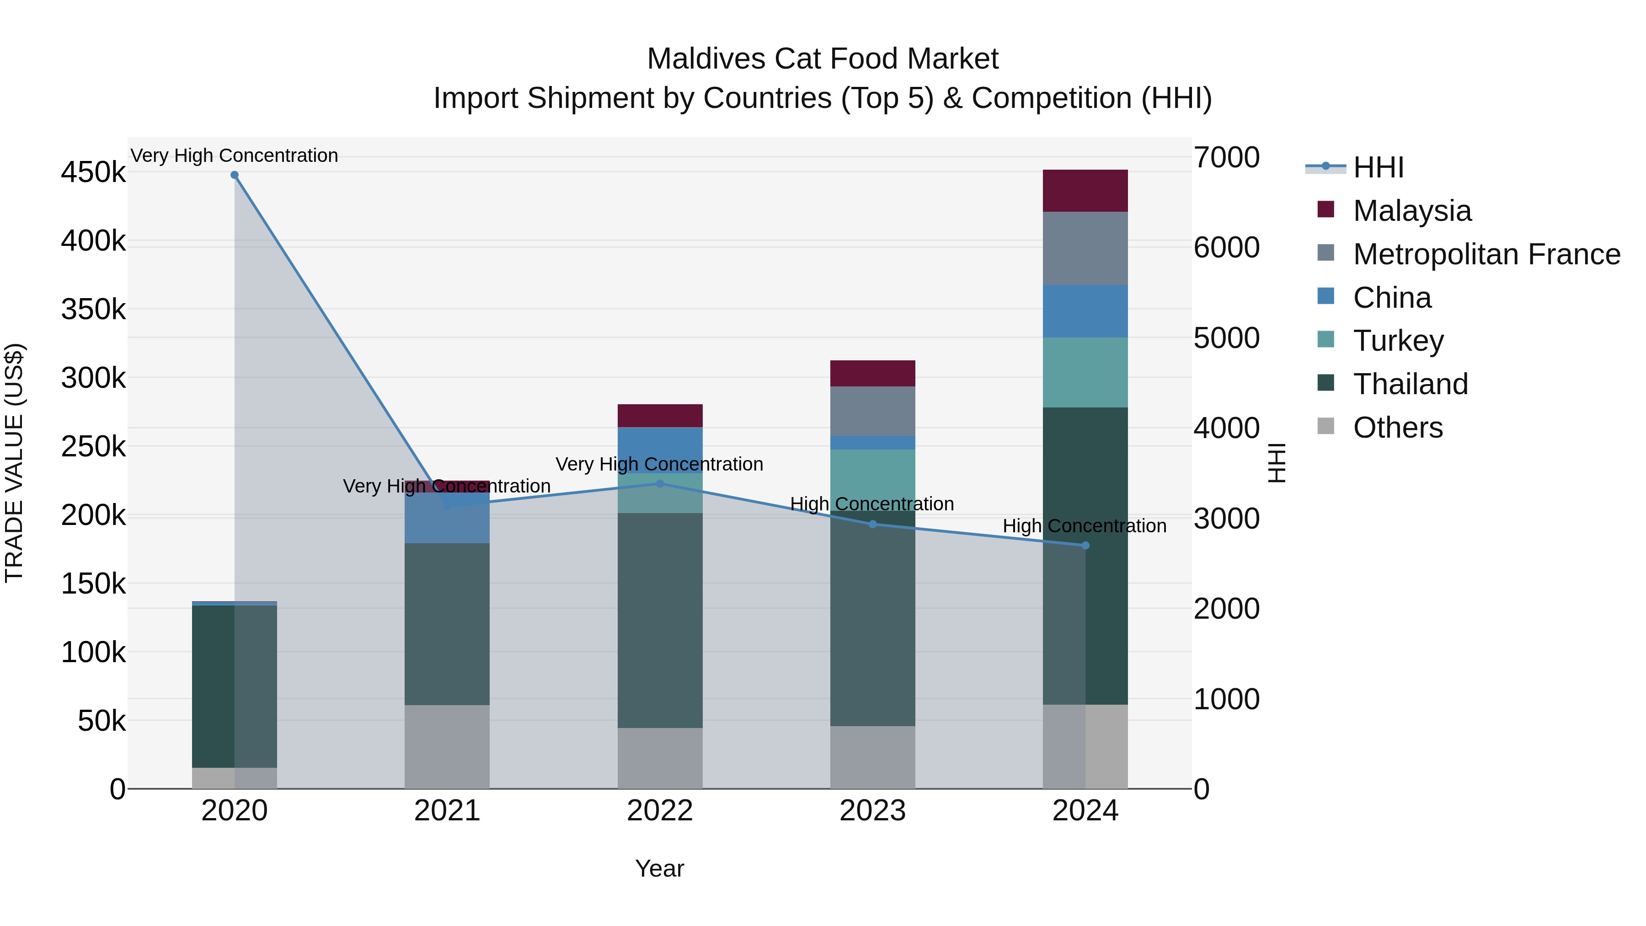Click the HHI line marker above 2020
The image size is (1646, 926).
tap(235, 175)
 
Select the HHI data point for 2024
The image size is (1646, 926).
tap(1085, 546)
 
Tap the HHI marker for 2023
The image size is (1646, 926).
tap(873, 524)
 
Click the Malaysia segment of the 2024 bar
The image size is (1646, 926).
tap(1085, 190)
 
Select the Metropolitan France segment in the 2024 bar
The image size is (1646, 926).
tap(1085, 248)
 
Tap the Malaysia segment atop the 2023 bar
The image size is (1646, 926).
tap(873, 373)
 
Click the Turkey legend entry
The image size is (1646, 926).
tap(1398, 341)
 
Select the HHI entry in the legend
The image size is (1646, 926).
tap(1378, 167)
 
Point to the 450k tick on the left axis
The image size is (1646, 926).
tap(93, 172)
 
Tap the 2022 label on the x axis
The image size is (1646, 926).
tap(659, 811)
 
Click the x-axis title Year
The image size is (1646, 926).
tap(659, 868)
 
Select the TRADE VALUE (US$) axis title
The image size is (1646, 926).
tap(14, 463)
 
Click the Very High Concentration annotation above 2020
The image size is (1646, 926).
tap(235, 155)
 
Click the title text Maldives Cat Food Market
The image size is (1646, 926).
tap(823, 59)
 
